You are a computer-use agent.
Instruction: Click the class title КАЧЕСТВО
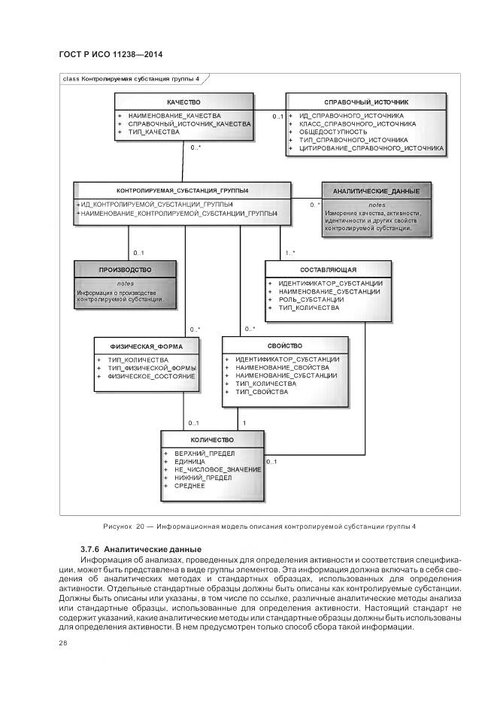point(183,101)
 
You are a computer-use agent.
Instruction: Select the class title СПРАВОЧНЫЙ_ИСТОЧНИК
point(365,101)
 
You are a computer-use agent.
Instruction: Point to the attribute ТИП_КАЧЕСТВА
point(154,132)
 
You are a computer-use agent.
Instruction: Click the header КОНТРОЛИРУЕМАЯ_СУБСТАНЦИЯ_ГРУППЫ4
point(182,190)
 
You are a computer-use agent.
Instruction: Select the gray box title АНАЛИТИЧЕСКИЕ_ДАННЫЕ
point(377,192)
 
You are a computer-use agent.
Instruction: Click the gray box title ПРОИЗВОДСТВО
point(125,269)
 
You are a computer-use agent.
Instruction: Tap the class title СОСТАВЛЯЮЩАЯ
point(328,269)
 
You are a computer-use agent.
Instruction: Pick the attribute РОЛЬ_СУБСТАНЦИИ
point(311,299)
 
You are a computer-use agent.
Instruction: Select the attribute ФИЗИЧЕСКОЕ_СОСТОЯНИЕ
point(152,376)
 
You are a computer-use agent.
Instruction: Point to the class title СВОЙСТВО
point(285,346)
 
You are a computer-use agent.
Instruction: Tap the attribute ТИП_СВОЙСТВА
point(261,392)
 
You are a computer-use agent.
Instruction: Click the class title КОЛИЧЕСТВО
point(212,439)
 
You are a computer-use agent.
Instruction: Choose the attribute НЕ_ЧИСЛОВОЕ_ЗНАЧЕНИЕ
point(217,469)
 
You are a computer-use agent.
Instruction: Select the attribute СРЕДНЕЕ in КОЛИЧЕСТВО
point(189,486)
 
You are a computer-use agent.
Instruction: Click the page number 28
point(63,643)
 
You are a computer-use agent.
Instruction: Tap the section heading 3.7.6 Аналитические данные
point(141,549)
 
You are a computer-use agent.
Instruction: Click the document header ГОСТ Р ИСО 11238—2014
point(110,55)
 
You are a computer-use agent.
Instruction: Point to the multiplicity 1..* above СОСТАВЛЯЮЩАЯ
point(289,253)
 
